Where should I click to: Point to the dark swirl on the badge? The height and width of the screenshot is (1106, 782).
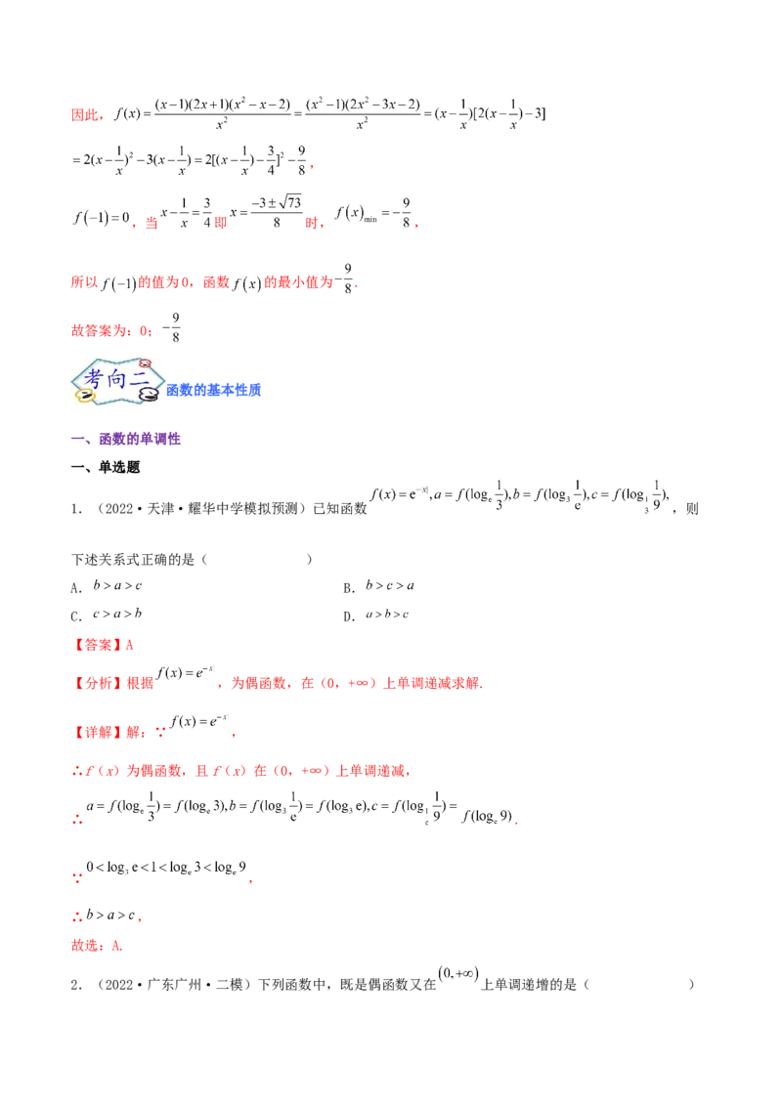click(x=150, y=395)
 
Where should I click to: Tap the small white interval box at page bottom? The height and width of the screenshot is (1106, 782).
click(x=457, y=974)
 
